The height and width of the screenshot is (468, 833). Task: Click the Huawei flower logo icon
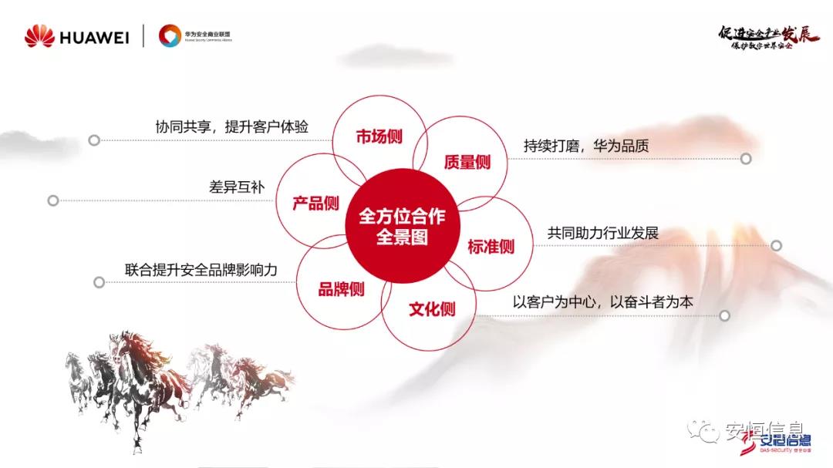(39, 35)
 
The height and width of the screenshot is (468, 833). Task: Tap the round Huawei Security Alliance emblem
(170, 35)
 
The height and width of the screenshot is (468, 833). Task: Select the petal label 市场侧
(378, 137)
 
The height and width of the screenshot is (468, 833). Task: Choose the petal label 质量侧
(467, 163)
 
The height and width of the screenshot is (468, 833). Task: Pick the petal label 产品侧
(315, 204)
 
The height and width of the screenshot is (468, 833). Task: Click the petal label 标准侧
(491, 247)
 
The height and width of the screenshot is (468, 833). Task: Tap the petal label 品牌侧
(341, 289)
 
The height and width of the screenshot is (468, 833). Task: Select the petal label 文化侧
(432, 309)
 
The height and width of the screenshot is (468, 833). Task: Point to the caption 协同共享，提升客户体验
(231, 127)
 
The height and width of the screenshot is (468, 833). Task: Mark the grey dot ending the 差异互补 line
(53, 200)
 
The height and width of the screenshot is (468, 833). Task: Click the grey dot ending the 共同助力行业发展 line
(776, 246)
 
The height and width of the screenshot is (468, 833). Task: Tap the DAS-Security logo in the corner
(780, 443)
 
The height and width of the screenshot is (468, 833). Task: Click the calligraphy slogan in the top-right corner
(768, 36)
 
